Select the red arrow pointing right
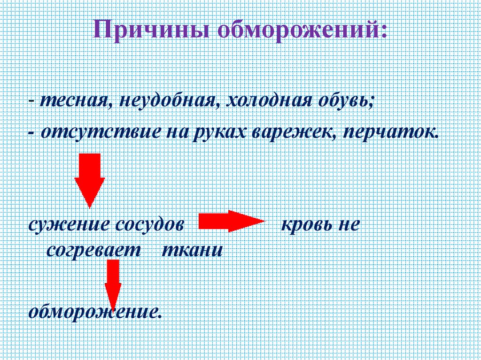coord(232,221)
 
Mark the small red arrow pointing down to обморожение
coord(113,284)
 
